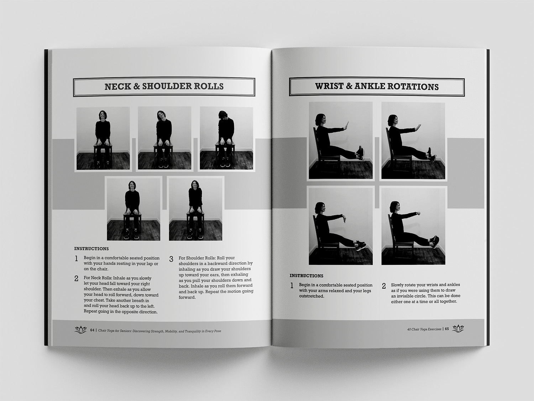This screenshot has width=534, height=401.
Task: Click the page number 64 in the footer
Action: pos(92,330)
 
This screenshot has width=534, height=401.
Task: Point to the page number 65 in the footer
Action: pos(447,329)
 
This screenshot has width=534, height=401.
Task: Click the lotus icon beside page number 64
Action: pos(80,330)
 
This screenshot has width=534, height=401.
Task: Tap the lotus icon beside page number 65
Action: pos(458,328)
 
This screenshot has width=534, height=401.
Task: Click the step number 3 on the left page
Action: pos(171,259)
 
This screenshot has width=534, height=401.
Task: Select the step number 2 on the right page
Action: pos(384,286)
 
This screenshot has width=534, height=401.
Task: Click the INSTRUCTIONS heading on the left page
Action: pos(91,249)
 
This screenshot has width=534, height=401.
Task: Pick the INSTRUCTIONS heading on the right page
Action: pos(306,276)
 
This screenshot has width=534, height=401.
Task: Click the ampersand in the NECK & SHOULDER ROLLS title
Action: pos(136,86)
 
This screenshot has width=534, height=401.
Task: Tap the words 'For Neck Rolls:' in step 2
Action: pos(98,278)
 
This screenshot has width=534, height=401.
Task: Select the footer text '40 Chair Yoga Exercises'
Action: pos(424,329)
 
